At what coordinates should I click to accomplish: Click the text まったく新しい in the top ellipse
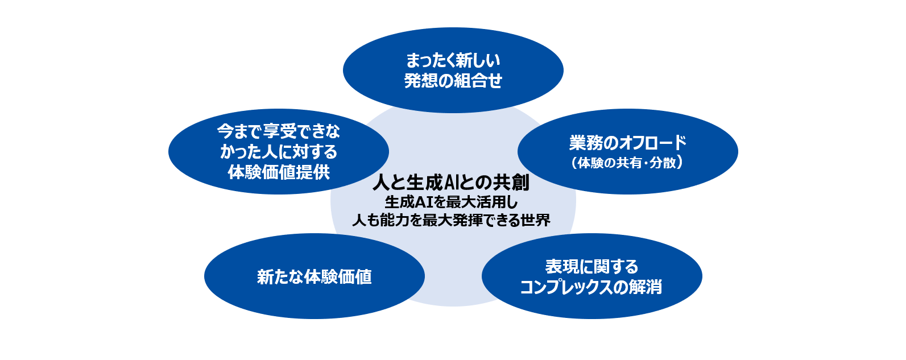(453, 60)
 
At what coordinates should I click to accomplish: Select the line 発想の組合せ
(453, 81)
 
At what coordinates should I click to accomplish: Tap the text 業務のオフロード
(627, 143)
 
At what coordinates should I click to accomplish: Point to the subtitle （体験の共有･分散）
(627, 163)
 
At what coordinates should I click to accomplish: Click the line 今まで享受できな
(279, 132)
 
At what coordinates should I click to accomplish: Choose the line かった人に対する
(279, 152)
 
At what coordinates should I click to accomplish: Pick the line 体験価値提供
(279, 172)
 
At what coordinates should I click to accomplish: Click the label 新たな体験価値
(314, 277)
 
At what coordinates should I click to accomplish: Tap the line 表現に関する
(591, 266)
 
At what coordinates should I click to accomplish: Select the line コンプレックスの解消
(591, 287)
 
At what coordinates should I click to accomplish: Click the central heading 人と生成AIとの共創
(451, 183)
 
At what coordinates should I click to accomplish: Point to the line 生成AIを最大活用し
(451, 202)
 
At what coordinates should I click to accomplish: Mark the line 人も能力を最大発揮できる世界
(451, 220)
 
